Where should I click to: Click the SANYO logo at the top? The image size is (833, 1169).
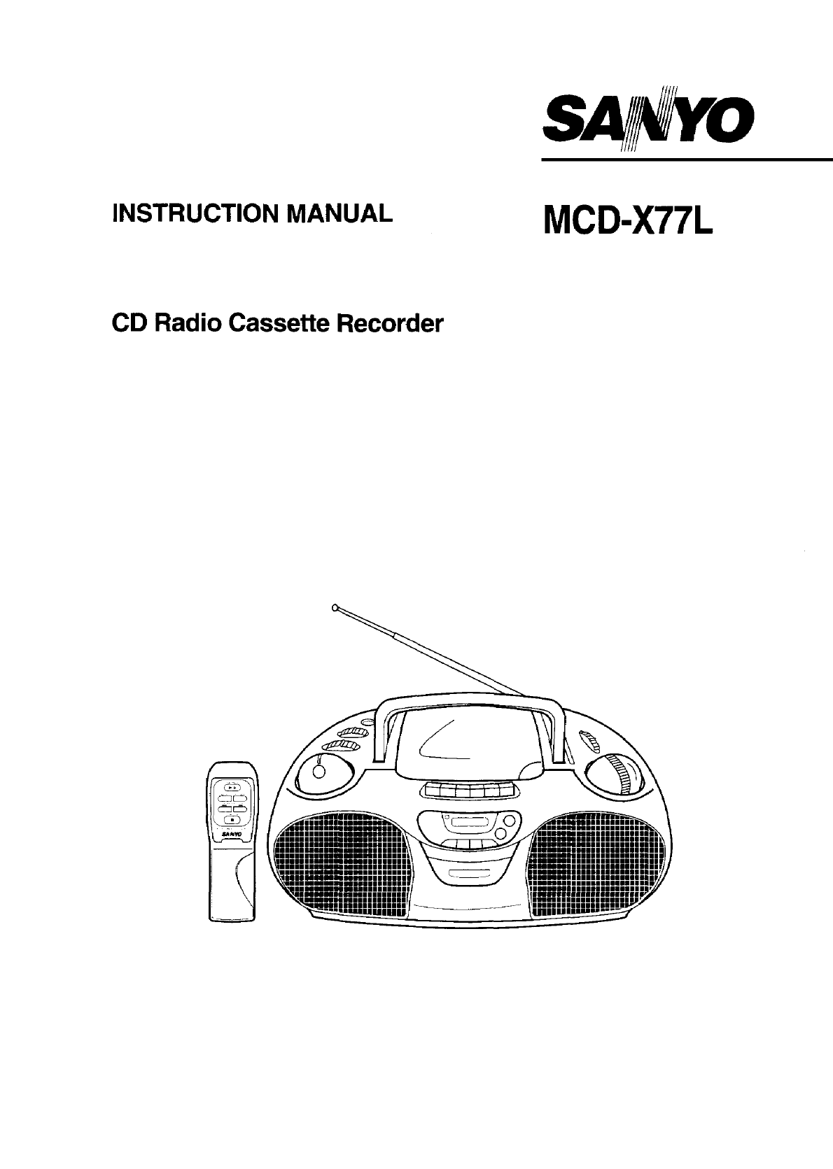648,118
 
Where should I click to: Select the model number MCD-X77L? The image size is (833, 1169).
628,220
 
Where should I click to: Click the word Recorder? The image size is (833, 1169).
390,324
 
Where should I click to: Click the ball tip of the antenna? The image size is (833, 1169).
334,607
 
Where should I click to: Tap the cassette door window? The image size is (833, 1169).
468,823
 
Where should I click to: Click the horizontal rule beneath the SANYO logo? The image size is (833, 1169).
687,160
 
